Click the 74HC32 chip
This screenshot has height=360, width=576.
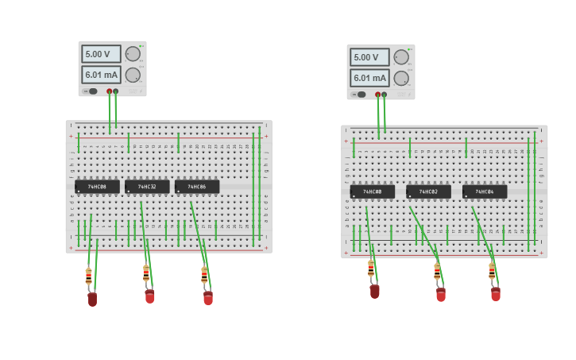(x=147, y=187)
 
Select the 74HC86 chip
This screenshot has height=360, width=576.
(x=197, y=187)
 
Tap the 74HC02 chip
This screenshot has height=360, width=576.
(x=428, y=192)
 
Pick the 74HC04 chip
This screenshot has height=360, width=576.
(x=485, y=192)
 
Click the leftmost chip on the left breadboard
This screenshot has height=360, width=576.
(x=97, y=187)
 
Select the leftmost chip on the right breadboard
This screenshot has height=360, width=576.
(x=373, y=192)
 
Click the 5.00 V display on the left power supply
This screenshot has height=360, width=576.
(x=101, y=54)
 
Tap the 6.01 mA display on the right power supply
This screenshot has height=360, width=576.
(x=369, y=78)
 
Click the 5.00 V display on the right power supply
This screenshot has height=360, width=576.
(x=369, y=57)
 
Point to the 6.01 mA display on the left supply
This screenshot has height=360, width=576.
(x=101, y=75)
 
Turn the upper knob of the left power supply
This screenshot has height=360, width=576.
(x=133, y=54)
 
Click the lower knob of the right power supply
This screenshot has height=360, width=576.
(x=401, y=78)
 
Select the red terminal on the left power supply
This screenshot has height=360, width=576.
(x=110, y=91)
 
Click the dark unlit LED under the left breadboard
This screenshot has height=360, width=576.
(x=92, y=299)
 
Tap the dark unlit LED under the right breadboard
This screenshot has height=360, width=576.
(x=374, y=291)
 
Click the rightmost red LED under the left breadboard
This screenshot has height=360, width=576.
(x=208, y=298)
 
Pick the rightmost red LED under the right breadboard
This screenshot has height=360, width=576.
(x=496, y=294)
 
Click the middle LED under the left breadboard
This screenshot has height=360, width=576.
(x=149, y=296)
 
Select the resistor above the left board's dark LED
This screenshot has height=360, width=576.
(x=88, y=276)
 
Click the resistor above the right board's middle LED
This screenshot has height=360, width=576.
(x=437, y=272)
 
